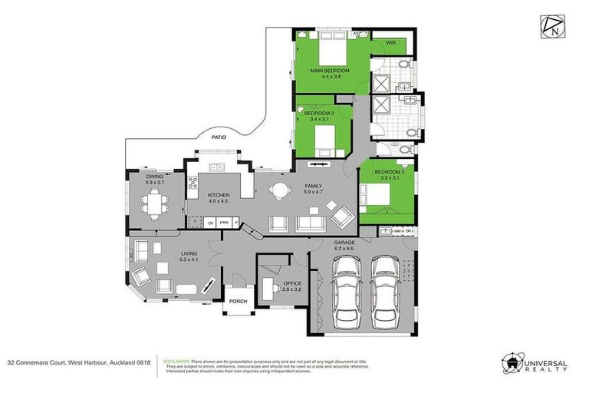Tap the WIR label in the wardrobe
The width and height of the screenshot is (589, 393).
pos(390,43)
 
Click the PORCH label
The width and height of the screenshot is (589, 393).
pos(238,301)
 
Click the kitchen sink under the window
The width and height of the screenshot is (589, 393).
pos(219,167)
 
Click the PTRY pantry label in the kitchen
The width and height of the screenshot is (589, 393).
pos(224,223)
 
